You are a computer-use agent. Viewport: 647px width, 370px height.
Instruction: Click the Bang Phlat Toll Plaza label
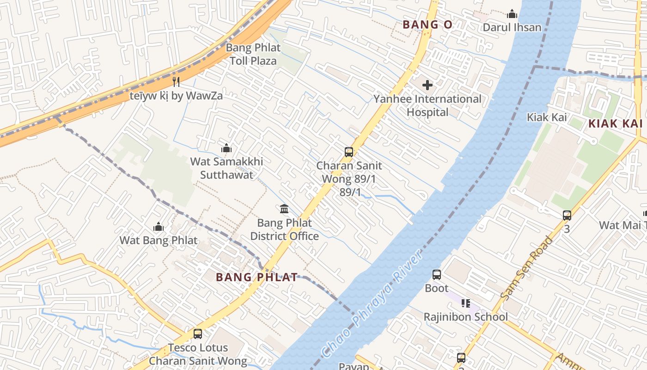[x=253, y=54]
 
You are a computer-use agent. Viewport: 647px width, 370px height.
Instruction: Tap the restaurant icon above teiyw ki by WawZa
[x=176, y=82]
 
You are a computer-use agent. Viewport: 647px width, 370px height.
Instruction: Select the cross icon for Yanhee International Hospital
[x=427, y=85]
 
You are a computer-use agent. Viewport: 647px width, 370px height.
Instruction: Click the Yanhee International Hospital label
[x=427, y=105]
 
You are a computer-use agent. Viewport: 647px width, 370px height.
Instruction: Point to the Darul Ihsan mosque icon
[x=512, y=14]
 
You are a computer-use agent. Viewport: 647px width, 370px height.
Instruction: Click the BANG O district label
[x=427, y=25]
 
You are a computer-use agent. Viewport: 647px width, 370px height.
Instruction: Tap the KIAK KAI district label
[x=615, y=123]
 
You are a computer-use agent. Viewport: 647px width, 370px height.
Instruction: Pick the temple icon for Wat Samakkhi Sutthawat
[x=226, y=148]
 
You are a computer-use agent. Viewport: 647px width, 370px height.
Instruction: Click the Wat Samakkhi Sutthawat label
[x=226, y=168]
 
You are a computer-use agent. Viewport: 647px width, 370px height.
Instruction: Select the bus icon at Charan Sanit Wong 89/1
[x=349, y=152]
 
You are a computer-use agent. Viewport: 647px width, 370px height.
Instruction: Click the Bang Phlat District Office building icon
[x=284, y=209]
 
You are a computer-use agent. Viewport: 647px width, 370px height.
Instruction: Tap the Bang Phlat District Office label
[x=284, y=229]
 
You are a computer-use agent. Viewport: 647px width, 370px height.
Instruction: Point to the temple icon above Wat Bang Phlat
[x=159, y=227]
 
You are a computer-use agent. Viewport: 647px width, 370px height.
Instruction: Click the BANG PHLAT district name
[x=256, y=277]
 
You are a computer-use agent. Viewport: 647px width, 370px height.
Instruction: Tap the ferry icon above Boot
[x=437, y=275]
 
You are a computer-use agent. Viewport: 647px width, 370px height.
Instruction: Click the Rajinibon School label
[x=465, y=317]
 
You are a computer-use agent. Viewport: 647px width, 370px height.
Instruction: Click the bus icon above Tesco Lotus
[x=198, y=334]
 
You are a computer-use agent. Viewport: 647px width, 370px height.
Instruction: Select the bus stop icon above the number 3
[x=567, y=215]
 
